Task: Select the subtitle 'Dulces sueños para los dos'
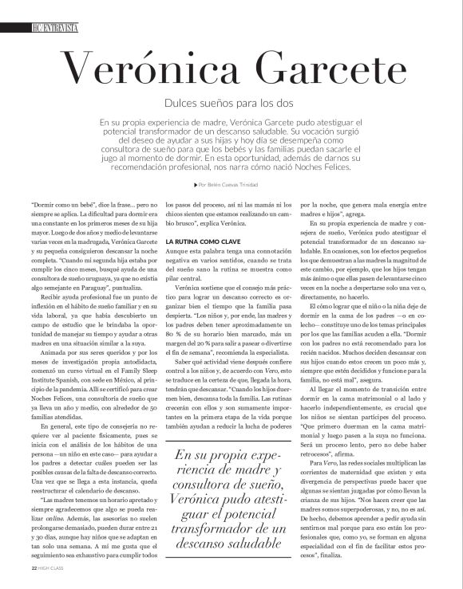231,104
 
